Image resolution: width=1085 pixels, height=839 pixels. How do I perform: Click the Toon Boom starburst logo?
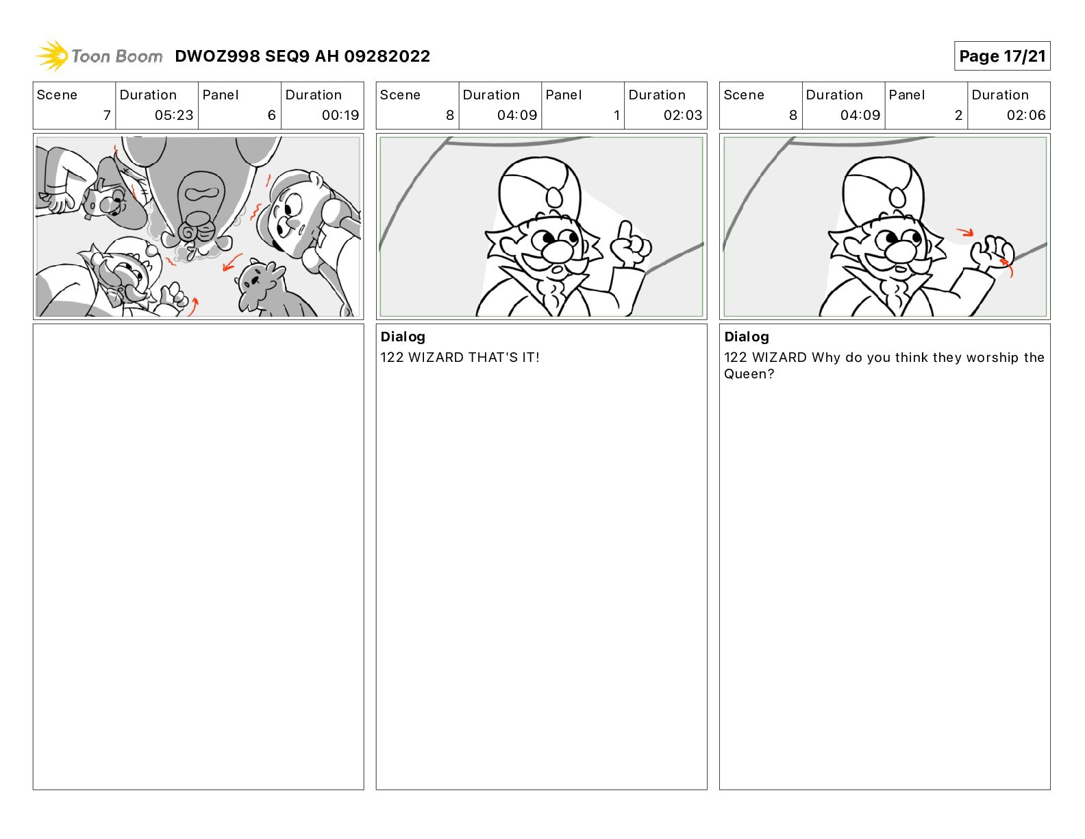(x=52, y=56)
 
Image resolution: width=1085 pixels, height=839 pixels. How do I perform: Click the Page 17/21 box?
(x=1001, y=56)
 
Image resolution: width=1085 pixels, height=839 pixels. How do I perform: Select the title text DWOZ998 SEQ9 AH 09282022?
(x=302, y=56)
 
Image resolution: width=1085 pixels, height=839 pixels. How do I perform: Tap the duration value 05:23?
(x=174, y=115)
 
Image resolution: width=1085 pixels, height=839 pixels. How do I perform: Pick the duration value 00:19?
(x=340, y=115)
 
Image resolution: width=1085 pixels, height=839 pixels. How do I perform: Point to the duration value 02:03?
(x=682, y=115)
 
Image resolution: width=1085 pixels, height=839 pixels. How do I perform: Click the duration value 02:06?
(x=1025, y=115)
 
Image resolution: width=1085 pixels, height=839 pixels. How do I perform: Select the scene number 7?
(x=107, y=115)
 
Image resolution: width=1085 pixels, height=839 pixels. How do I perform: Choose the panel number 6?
(x=272, y=115)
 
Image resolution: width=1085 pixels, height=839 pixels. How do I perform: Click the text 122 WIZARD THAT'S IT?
(x=460, y=357)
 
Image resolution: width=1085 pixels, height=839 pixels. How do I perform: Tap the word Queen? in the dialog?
(x=749, y=374)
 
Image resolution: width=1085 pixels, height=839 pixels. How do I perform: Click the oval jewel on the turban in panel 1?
(x=554, y=196)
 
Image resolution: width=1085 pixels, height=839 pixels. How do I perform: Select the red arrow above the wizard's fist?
(x=965, y=232)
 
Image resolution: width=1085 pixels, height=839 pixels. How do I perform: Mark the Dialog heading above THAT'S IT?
(x=403, y=337)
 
